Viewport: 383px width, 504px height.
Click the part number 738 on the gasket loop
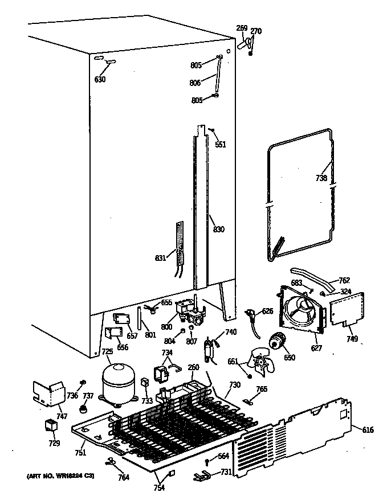click(x=321, y=178)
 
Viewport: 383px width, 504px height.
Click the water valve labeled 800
click(x=188, y=311)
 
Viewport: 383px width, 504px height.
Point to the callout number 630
click(x=100, y=79)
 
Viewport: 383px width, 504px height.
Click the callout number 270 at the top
click(x=256, y=31)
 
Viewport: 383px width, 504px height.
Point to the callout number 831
click(x=160, y=258)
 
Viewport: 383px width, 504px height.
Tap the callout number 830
click(x=218, y=230)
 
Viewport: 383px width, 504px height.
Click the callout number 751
click(x=80, y=453)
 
